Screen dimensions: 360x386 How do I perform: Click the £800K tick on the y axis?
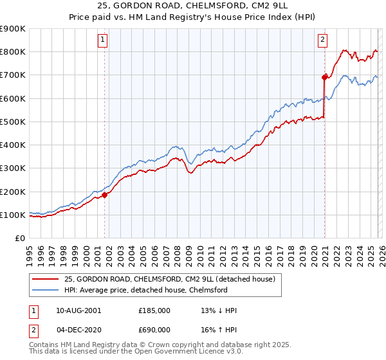[14, 52]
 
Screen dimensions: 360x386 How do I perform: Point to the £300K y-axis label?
[14, 168]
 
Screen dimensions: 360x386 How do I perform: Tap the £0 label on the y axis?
[19, 239]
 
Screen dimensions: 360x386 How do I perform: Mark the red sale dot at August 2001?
[104, 195]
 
